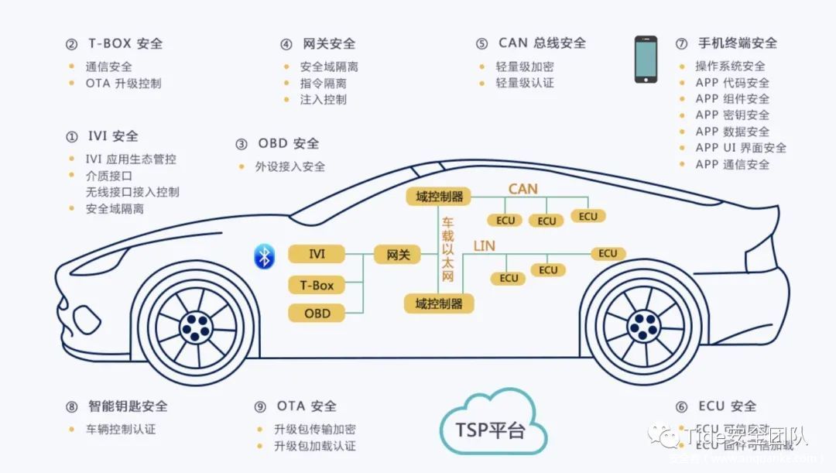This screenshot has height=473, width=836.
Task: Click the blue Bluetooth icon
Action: (264, 255)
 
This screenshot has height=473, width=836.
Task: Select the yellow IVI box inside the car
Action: (317, 254)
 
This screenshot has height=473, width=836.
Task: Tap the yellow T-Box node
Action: (317, 285)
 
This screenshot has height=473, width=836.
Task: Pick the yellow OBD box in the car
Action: (317, 313)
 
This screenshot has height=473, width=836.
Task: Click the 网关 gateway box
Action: (398, 254)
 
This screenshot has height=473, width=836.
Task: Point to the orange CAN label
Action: (522, 189)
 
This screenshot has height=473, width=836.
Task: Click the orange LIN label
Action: (484, 246)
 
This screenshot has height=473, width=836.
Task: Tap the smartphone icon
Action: (646, 59)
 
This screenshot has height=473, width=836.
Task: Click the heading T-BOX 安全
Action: (125, 43)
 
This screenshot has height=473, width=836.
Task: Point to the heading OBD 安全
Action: (288, 143)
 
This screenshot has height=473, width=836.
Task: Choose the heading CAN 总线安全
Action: (542, 43)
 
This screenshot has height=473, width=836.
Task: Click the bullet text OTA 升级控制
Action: (123, 83)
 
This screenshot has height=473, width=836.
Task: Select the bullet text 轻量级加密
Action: (525, 67)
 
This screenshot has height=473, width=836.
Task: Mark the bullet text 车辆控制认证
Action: (121, 428)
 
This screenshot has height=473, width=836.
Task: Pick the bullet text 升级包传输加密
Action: (315, 429)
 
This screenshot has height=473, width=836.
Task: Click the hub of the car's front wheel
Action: (196, 328)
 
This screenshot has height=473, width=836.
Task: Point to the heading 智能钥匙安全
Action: (128, 406)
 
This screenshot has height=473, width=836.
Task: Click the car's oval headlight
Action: (82, 317)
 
